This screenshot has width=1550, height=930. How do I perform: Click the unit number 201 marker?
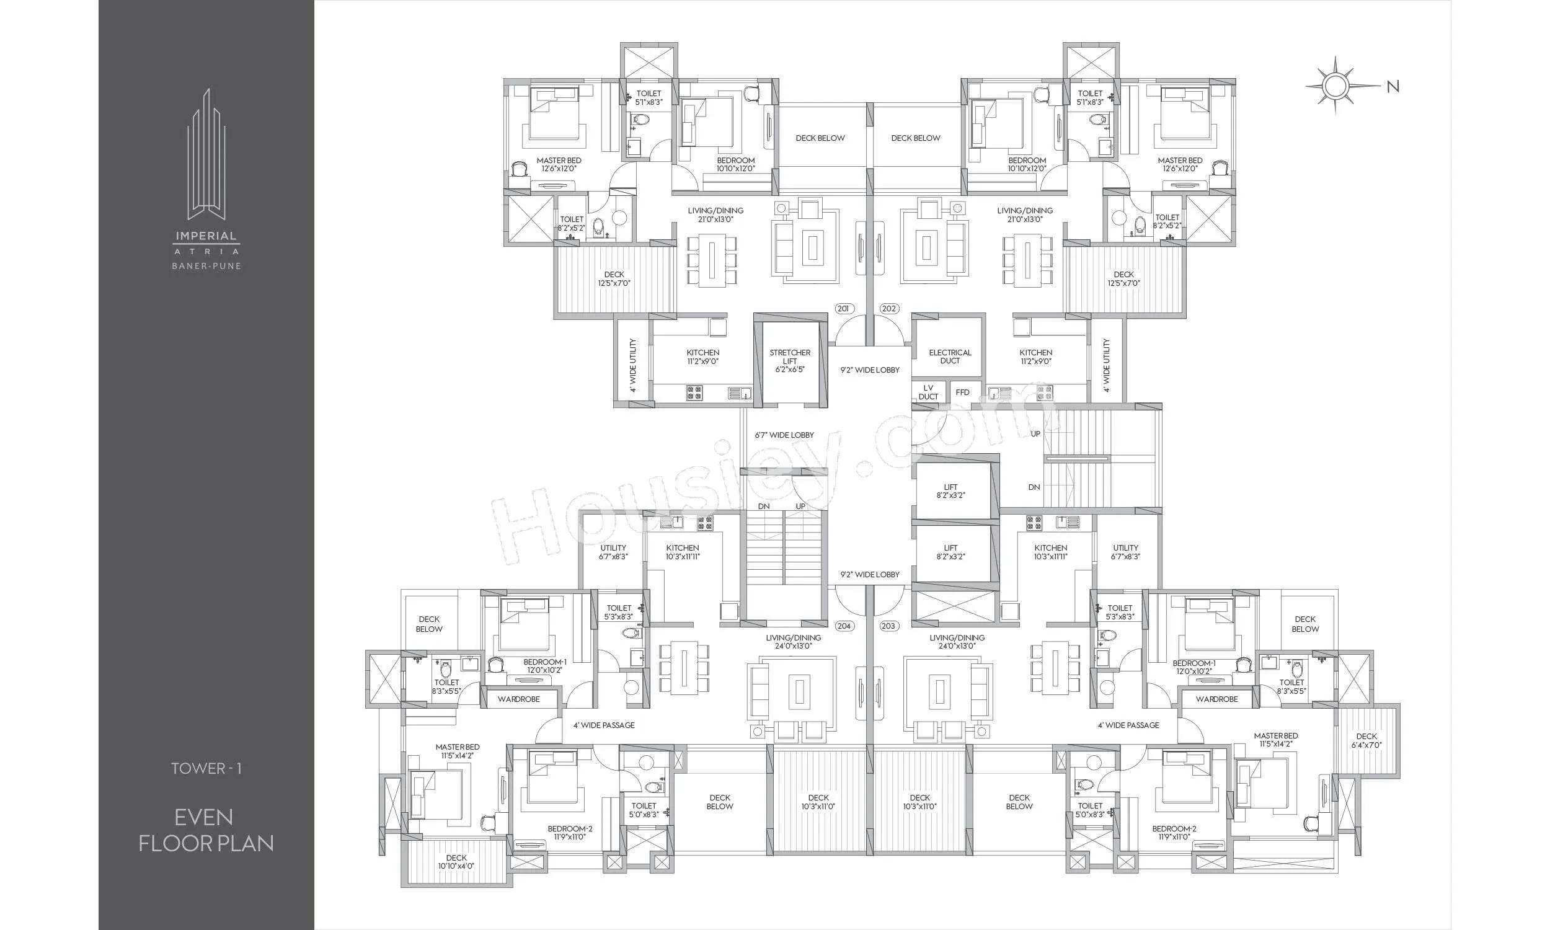click(x=843, y=308)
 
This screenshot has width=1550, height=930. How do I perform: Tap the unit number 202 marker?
click(x=889, y=308)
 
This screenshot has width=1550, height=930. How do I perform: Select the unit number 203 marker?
click(x=888, y=626)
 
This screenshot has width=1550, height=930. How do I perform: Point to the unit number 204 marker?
click(x=844, y=626)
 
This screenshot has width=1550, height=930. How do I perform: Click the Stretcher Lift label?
click(x=790, y=361)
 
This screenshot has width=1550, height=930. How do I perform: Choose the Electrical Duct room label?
click(x=950, y=356)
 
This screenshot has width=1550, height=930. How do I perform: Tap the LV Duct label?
click(x=929, y=392)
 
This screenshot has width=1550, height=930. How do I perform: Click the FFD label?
click(x=962, y=392)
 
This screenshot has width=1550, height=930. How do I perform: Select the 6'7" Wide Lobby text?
click(x=784, y=434)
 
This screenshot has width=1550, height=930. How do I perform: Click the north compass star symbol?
click(x=1335, y=86)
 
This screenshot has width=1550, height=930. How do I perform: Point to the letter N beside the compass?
click(x=1393, y=86)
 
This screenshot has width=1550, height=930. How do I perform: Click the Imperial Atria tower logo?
click(x=206, y=154)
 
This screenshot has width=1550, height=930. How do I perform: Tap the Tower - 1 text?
click(x=206, y=768)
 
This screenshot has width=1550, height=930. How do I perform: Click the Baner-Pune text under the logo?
click(x=206, y=266)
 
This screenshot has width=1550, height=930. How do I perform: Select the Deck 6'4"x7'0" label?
click(x=1366, y=741)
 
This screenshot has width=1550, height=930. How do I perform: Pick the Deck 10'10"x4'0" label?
click(x=456, y=862)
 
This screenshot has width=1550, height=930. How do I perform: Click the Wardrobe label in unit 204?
click(x=519, y=699)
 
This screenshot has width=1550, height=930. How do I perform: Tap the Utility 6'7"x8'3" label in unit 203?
click(x=1125, y=551)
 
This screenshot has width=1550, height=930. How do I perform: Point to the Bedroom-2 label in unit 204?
click(x=570, y=832)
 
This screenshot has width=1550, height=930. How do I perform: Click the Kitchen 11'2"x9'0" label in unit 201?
click(x=703, y=356)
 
